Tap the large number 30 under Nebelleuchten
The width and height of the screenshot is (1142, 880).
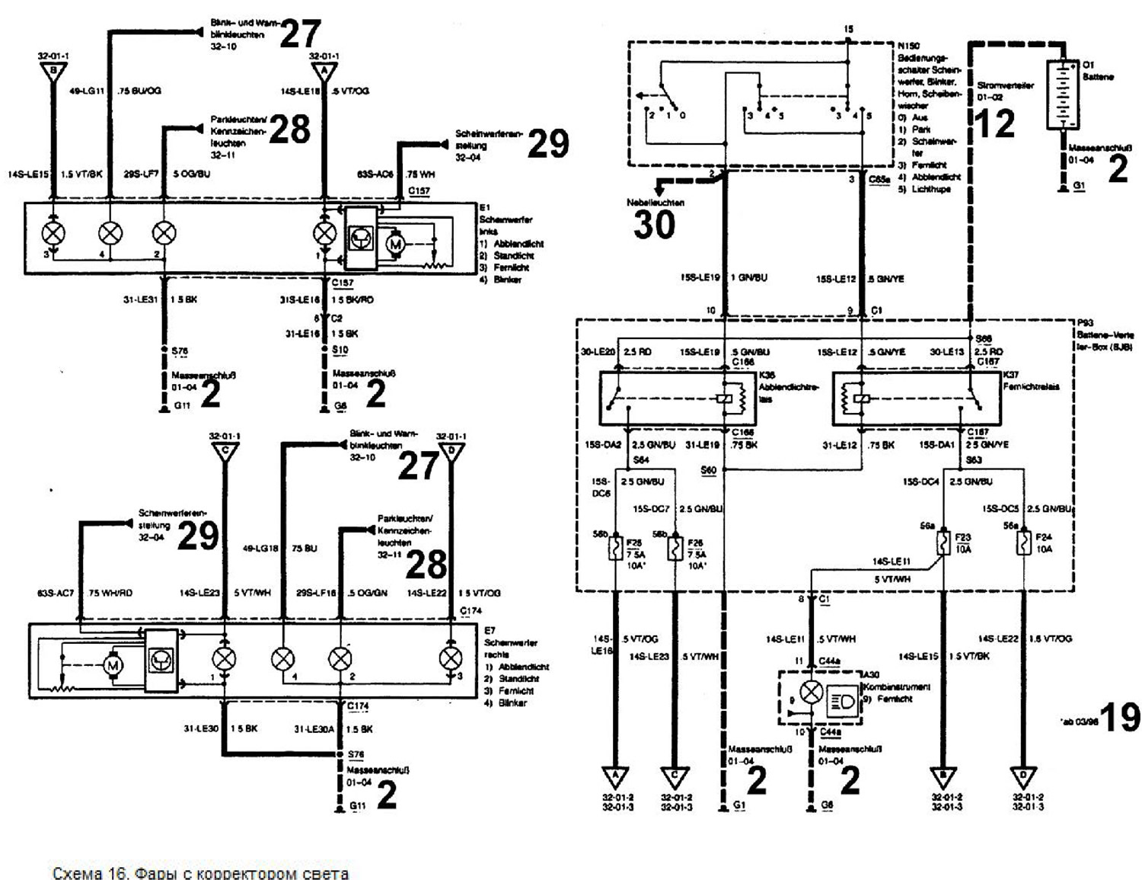point(654,226)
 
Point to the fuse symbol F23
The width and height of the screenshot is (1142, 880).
point(944,542)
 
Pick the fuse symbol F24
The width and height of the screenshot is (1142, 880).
point(1024,542)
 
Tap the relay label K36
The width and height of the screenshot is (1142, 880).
point(767,375)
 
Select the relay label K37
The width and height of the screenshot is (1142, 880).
point(1011,375)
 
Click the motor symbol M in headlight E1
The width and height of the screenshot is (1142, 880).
point(394,245)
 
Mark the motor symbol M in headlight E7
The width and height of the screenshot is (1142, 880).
point(113,666)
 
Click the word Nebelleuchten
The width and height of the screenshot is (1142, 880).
point(656,203)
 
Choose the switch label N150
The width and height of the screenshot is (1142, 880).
point(908,46)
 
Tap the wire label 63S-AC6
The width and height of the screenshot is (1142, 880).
point(375,174)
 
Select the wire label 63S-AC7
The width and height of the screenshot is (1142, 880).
point(55,593)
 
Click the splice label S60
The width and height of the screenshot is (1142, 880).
point(708,470)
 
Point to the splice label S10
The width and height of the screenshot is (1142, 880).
point(340,350)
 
